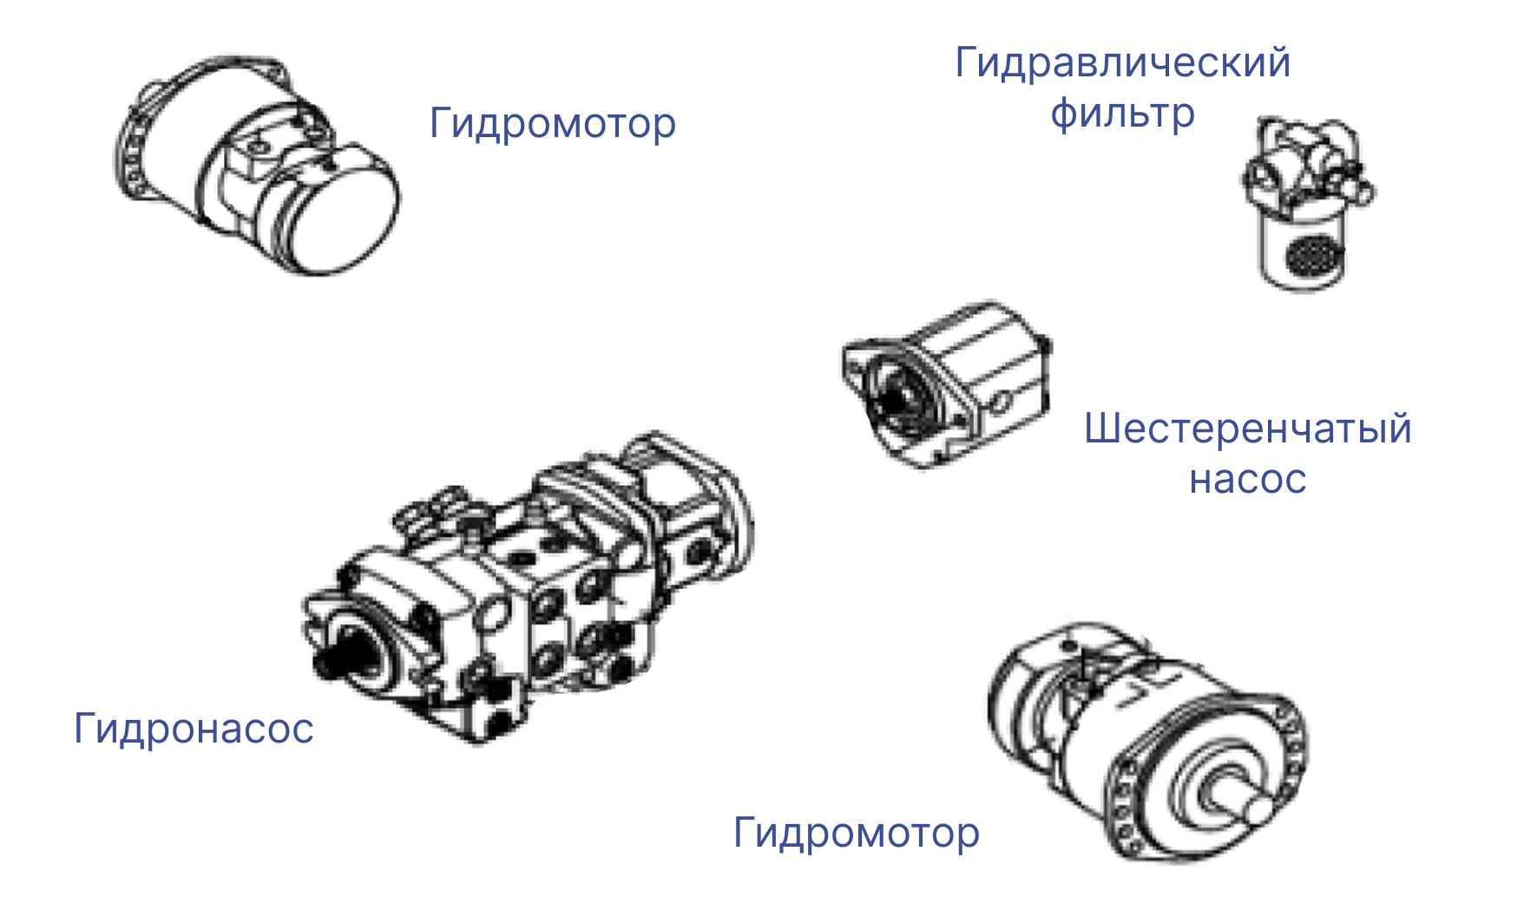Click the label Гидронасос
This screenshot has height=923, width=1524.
coord(194,729)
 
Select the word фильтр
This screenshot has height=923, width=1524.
coord(1122,115)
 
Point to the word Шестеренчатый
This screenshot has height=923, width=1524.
coord(1248,429)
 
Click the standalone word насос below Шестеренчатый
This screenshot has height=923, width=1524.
coord(1248,480)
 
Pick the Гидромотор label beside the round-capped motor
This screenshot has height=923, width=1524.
coord(553,124)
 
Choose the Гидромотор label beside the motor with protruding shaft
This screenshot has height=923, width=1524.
coord(857,834)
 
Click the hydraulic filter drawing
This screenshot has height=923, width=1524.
coord(1308,204)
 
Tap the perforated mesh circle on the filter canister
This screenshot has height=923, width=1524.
coord(1314,253)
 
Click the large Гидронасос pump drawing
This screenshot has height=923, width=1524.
coord(528,587)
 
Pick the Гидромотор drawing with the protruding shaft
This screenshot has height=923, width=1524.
coord(1147,742)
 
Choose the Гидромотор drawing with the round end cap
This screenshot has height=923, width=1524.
coord(257,165)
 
